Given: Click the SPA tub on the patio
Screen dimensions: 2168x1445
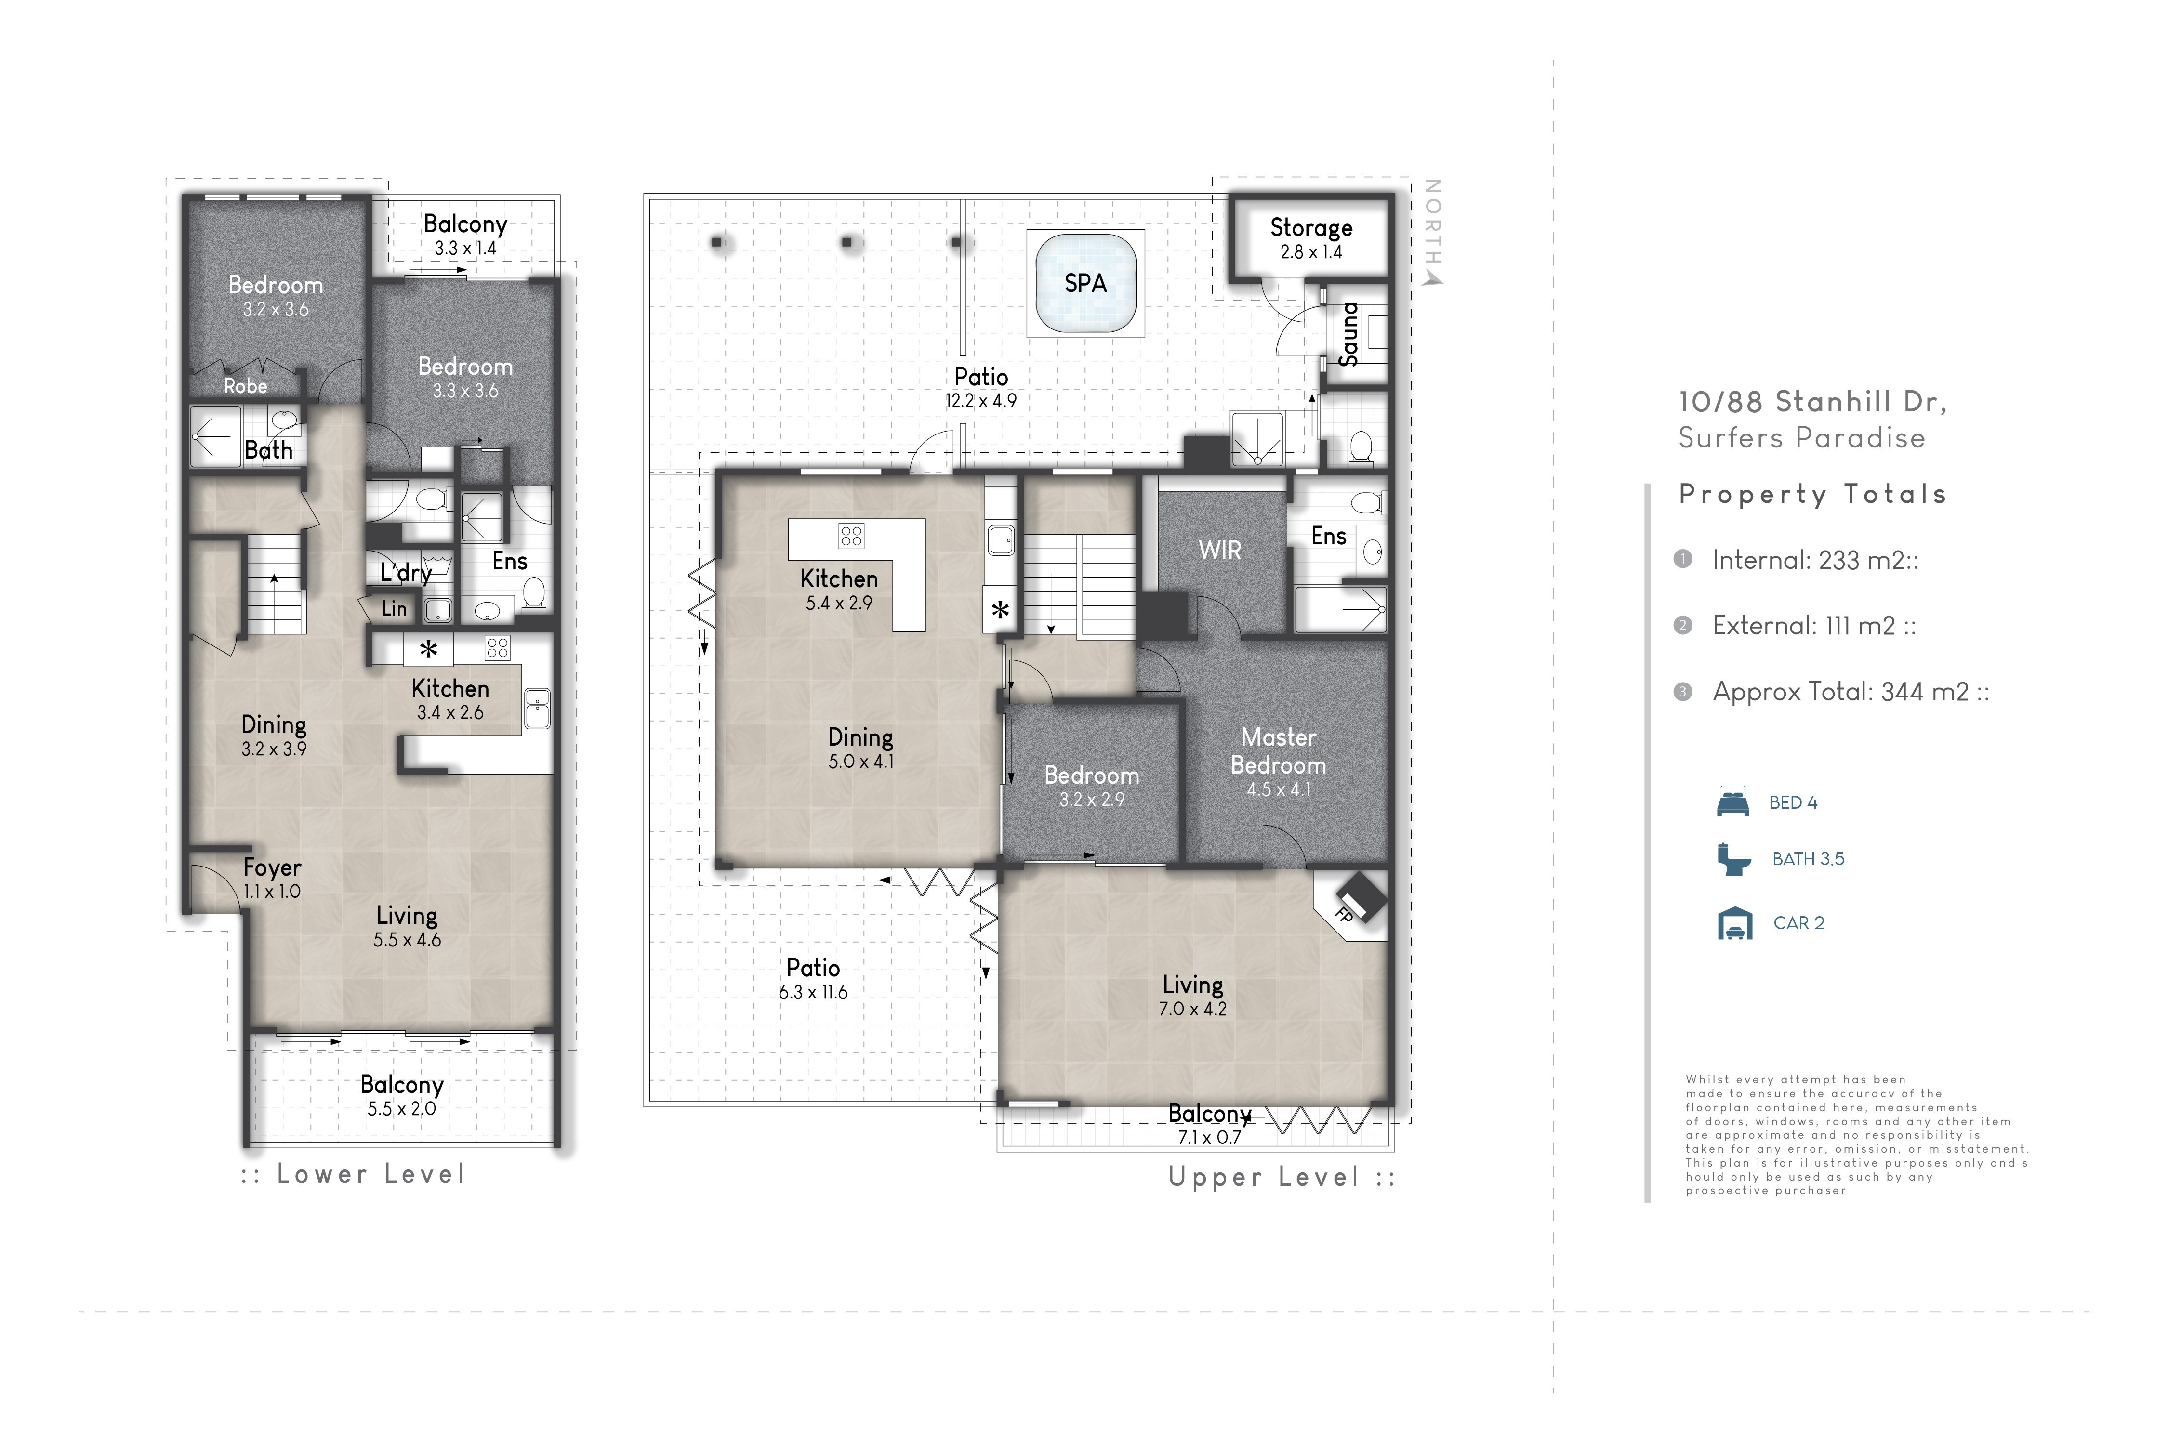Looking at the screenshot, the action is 1086,283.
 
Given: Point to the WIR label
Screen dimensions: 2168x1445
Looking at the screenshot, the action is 1219,550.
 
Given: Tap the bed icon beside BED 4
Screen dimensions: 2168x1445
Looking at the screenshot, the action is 1733,802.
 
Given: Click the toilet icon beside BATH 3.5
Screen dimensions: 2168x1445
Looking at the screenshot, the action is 1734,859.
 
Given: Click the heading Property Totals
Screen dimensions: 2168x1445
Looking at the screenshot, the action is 1812,494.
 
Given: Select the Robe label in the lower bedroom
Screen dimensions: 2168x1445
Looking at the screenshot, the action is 245,386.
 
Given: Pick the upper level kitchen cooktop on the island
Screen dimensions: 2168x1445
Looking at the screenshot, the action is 851,536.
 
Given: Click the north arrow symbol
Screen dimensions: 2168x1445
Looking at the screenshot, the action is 1431,276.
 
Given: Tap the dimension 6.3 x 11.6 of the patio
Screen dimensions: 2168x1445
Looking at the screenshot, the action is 813,993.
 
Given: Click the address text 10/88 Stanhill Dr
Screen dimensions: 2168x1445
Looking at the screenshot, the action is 1812,402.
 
